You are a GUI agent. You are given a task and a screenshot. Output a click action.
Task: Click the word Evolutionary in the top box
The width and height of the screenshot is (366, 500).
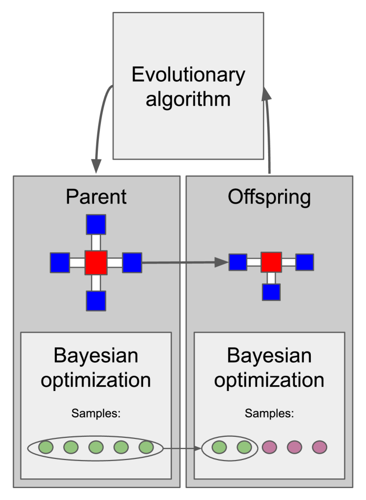tap(188, 75)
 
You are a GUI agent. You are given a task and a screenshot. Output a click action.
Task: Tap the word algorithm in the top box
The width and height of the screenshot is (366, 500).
tap(188, 98)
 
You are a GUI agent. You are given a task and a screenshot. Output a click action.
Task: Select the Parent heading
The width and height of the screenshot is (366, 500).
tap(96, 196)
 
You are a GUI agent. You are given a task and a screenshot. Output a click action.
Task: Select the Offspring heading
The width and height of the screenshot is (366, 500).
tap(269, 196)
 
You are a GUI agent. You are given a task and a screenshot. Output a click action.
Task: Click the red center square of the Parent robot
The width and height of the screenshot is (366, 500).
tap(96, 262)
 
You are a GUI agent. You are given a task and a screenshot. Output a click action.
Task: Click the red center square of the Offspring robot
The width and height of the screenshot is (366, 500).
tap(271, 262)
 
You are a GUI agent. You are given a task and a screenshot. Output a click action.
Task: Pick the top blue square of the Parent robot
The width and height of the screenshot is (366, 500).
tap(96, 224)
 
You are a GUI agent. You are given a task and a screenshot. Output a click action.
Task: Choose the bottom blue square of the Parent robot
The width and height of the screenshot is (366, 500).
tap(96, 301)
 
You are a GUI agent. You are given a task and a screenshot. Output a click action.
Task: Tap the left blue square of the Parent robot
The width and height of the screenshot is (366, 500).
tap(60, 262)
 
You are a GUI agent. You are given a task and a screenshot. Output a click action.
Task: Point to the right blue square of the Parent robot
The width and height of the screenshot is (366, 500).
tap(132, 262)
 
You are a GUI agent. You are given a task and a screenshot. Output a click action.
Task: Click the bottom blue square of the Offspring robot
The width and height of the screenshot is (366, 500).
tap(271, 292)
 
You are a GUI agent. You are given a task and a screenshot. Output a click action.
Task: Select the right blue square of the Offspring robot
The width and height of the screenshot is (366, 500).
tap(304, 262)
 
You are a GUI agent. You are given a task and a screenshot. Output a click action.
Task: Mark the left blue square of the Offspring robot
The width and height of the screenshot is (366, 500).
tap(238, 262)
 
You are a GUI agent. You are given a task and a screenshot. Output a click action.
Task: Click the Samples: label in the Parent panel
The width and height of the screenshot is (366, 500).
tap(96, 413)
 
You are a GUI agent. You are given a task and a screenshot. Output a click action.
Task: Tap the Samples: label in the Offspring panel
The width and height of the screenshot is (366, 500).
tap(269, 413)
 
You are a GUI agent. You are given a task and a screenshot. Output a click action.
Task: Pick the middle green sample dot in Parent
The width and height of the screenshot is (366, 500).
tap(96, 447)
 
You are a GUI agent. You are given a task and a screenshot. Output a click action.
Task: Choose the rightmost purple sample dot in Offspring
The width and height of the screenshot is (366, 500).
tap(319, 447)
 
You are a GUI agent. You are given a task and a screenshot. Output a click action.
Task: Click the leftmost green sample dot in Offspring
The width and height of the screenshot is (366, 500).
tap(219, 447)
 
